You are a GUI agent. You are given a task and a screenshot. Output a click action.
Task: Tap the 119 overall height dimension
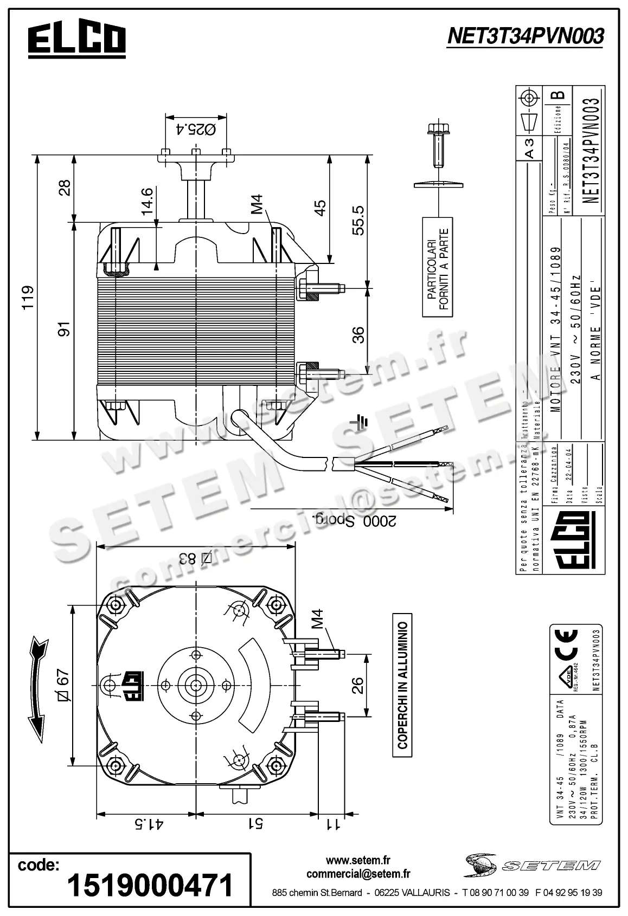27,297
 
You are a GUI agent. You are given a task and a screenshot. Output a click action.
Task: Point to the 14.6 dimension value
148,202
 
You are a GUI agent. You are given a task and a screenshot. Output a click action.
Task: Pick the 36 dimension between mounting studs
358,334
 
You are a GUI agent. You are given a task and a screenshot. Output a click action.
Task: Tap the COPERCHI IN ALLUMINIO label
402,686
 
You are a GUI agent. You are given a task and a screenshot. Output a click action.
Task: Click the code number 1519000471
150,885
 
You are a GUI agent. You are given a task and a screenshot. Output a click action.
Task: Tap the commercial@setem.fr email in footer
358,874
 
